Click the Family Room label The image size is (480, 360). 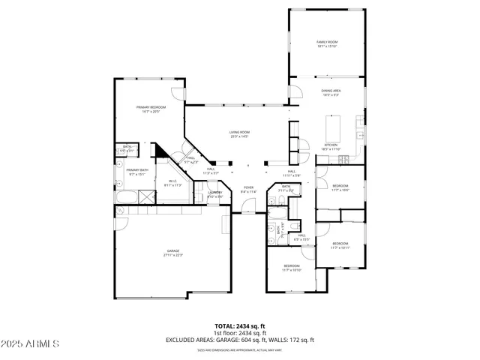click(327, 44)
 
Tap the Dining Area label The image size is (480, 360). click(331, 93)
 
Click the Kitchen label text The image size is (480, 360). click(331, 147)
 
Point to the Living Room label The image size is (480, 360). click(239, 134)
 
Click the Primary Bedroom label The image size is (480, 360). click(151, 109)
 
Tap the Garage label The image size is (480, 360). click(173, 253)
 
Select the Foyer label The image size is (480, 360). click(248, 190)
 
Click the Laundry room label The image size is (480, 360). click(215, 194)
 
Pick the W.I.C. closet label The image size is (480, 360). click(172, 182)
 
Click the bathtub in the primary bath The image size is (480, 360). click(128, 198)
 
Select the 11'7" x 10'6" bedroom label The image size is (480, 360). click(340, 187)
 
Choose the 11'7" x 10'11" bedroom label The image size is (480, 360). click(340, 244)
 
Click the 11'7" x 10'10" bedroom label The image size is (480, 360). click(291, 268)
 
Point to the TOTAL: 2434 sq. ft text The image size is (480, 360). click(239, 326)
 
